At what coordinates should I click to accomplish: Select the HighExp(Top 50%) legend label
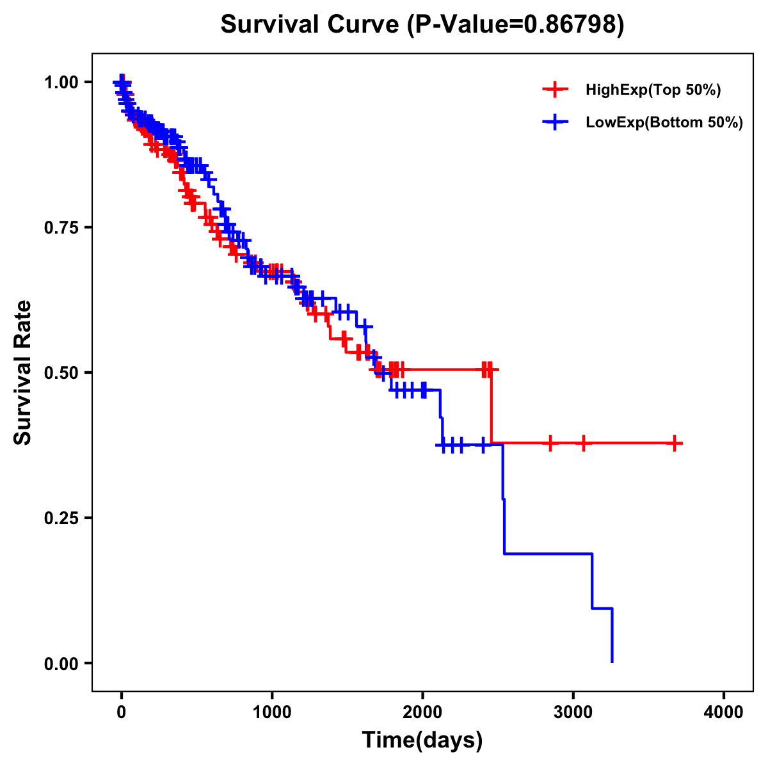(x=653, y=90)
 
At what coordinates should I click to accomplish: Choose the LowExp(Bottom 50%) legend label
(x=664, y=123)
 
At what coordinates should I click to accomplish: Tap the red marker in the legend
(x=555, y=90)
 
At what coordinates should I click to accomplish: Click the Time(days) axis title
(x=422, y=740)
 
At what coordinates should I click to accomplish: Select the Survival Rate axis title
(x=23, y=372)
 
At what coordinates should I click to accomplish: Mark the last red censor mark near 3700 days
(x=675, y=443)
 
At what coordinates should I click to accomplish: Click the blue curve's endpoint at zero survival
(x=612, y=662)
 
